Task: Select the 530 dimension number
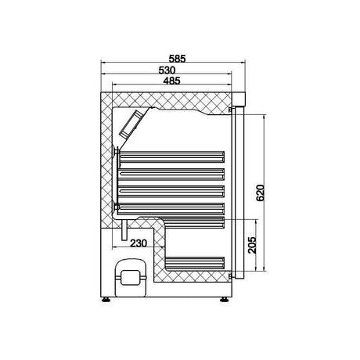pos(172,69)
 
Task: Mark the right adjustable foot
pos(226,297)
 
